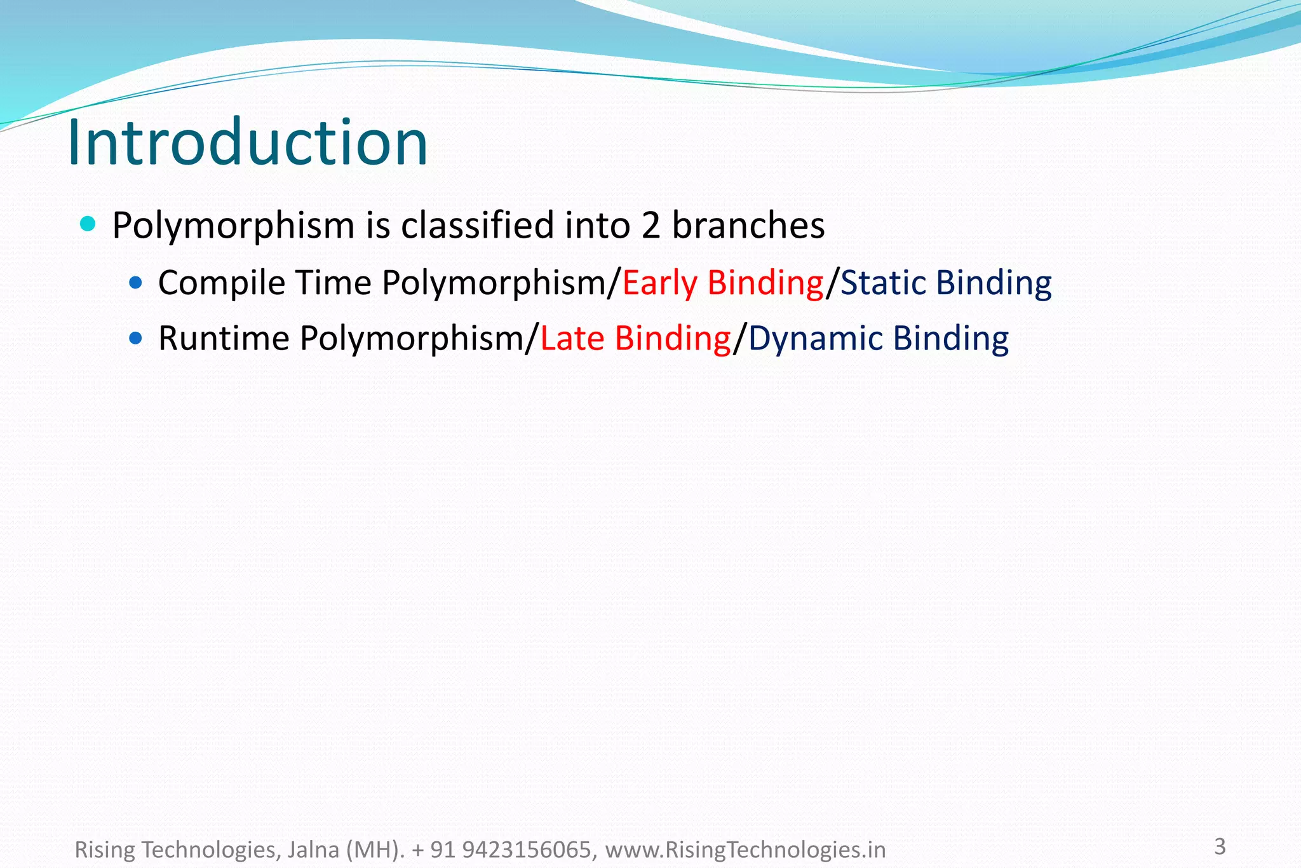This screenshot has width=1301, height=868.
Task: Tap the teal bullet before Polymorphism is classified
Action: [x=88, y=224]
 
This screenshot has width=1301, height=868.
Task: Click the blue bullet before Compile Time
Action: [x=135, y=282]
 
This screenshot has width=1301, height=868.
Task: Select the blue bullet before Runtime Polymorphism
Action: [x=135, y=337]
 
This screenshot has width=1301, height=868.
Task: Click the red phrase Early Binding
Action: [x=723, y=283]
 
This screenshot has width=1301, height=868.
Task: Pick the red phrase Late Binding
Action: [x=635, y=338]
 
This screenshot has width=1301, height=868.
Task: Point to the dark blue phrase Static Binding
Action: [x=946, y=283]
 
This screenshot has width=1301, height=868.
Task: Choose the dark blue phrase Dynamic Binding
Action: [x=879, y=338]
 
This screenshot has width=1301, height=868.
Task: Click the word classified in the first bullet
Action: [x=478, y=225]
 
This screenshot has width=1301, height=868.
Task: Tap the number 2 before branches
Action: [x=650, y=226]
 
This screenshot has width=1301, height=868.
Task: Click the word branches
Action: [x=748, y=225]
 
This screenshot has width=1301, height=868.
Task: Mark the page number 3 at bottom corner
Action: [x=1220, y=846]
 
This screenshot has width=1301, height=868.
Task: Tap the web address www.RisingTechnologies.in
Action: [x=745, y=850]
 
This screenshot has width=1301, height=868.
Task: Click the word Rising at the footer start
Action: [x=105, y=850]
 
